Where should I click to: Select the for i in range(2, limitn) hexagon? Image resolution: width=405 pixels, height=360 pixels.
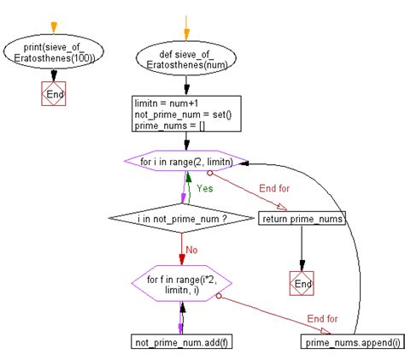[x=181, y=162]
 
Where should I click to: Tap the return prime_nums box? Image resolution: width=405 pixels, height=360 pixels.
[x=302, y=220]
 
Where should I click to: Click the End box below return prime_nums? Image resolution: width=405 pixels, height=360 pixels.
[x=302, y=281]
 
